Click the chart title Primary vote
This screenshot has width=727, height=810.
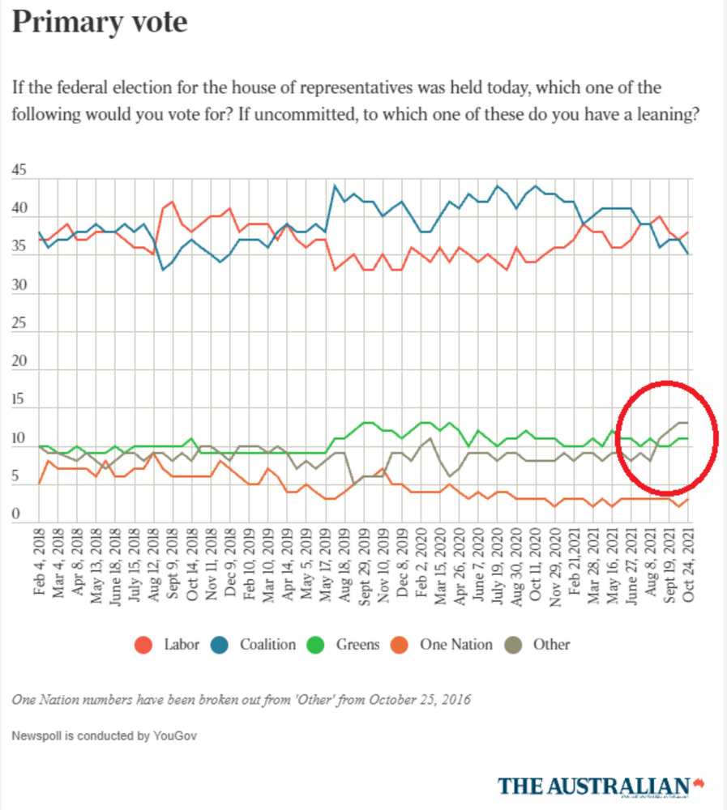pos(100,22)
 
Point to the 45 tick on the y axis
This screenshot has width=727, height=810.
pos(19,171)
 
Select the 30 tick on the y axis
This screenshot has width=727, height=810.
pos(19,286)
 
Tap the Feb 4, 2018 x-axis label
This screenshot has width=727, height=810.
pos(40,565)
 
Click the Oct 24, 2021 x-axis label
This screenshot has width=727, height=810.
pos(687,565)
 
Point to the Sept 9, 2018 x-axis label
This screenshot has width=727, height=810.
pos(173,565)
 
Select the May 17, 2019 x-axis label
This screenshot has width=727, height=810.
pos(326,565)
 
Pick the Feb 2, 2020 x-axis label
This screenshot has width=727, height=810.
pos(421,565)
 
